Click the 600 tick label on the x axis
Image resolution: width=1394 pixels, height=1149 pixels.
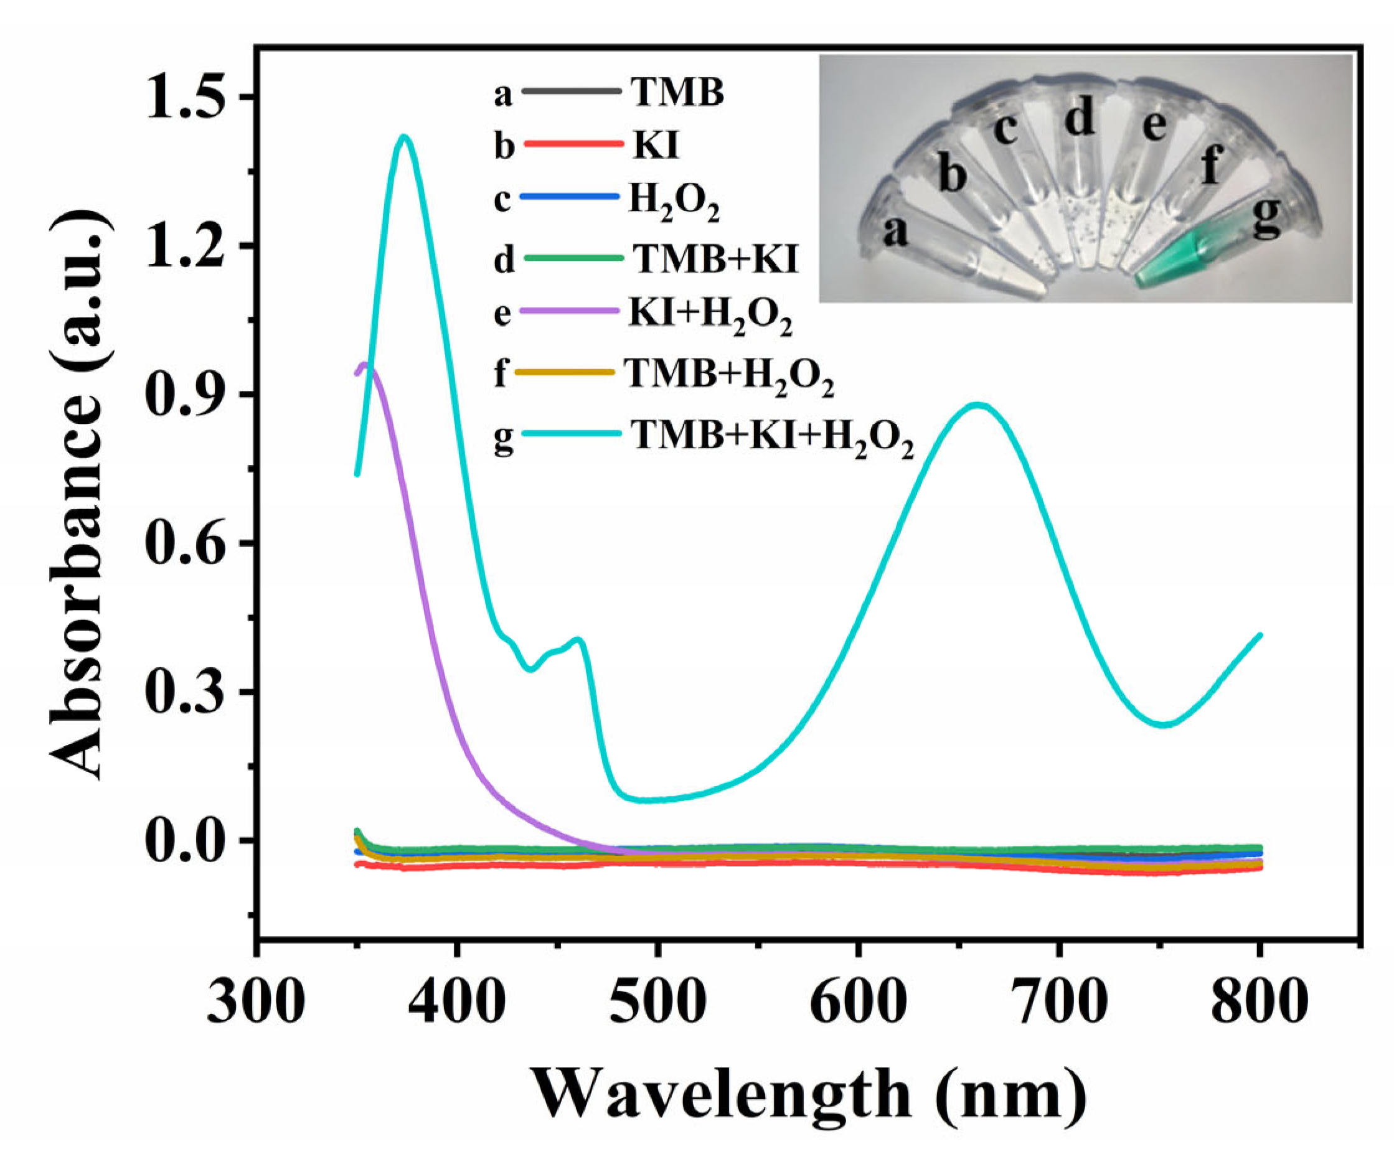click(x=858, y=1000)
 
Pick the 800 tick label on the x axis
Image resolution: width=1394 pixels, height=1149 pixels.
click(x=1259, y=1000)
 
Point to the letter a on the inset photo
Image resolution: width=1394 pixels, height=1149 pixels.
click(x=895, y=232)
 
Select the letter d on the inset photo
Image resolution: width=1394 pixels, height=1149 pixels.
click(x=1080, y=119)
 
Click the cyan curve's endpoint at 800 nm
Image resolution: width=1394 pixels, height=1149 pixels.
click(x=1260, y=635)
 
